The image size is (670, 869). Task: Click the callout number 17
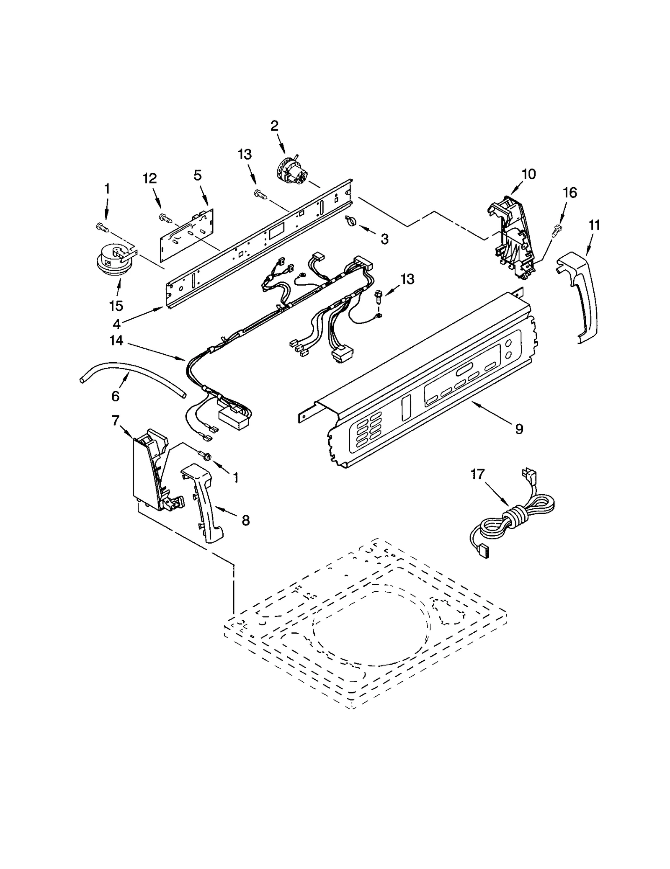[x=477, y=474]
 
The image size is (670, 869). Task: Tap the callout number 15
[x=116, y=306]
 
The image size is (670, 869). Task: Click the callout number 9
[x=519, y=429]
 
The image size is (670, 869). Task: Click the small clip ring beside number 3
[x=351, y=220]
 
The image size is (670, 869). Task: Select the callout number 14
[x=116, y=341]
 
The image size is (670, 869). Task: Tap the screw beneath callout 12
[x=165, y=217]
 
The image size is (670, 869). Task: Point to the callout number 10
[x=529, y=174]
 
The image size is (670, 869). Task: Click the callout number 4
[x=116, y=324]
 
